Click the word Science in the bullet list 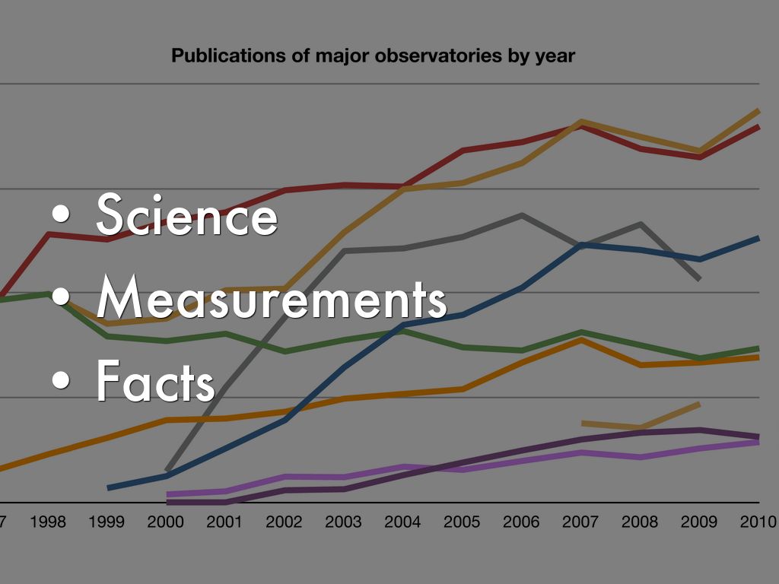pos(186,215)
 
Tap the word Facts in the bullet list pos(155,382)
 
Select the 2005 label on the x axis pos(462,522)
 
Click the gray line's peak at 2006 pos(522,215)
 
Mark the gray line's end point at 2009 pos(698,279)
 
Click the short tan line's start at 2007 pos(583,423)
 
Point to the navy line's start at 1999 pos(109,487)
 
